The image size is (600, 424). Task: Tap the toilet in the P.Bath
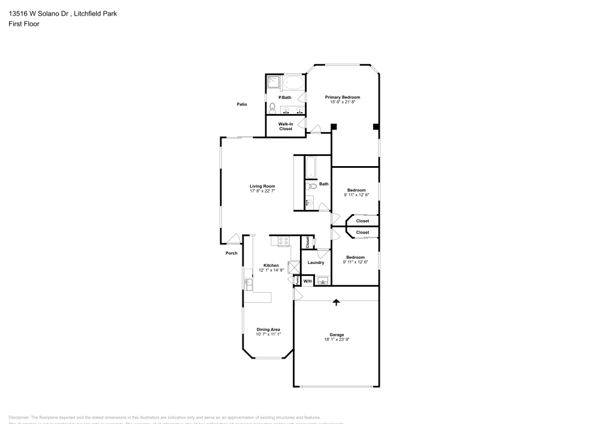(x=272, y=108)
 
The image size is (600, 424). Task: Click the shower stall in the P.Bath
(x=273, y=82)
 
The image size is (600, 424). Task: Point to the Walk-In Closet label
(x=285, y=127)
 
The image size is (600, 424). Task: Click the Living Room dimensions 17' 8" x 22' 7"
(x=262, y=191)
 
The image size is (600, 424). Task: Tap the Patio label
(x=242, y=104)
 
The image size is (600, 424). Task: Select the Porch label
(x=231, y=253)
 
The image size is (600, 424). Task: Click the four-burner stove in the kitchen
(x=284, y=240)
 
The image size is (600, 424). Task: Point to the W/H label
(x=307, y=281)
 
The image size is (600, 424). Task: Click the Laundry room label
(x=316, y=263)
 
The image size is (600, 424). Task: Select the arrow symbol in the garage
(x=336, y=302)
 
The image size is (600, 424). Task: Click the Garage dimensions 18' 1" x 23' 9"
(x=336, y=339)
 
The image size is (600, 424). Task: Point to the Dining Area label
(x=268, y=329)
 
